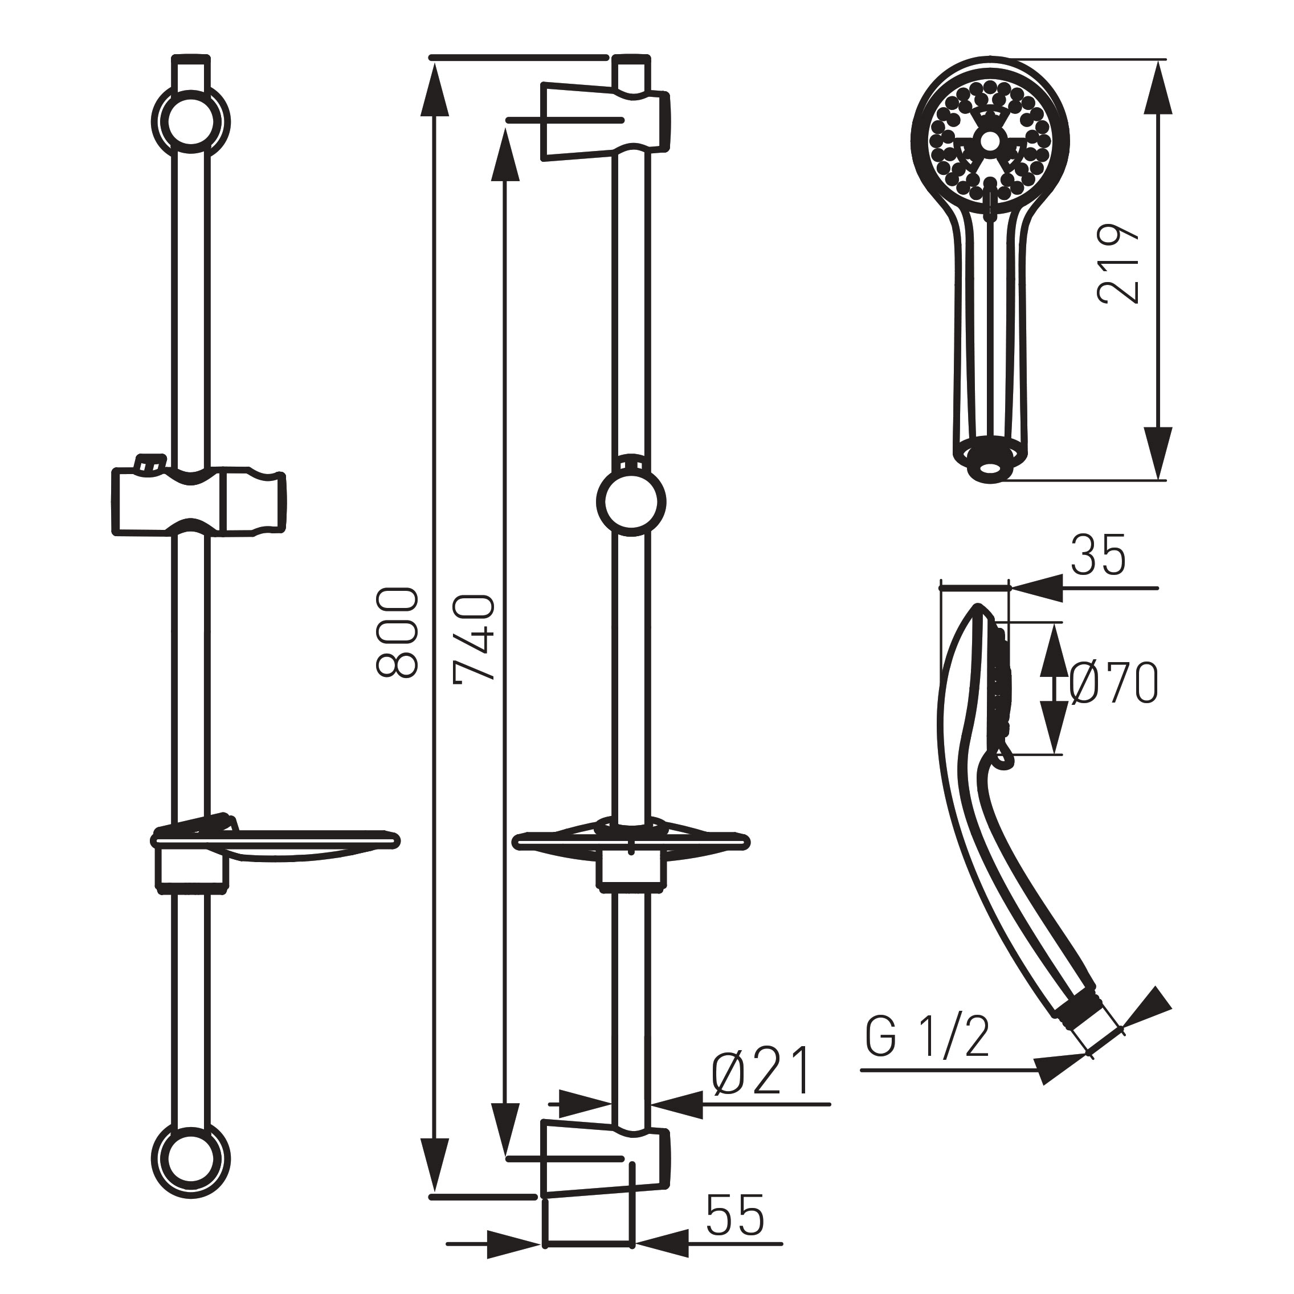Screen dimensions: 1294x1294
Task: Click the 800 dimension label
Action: point(398,633)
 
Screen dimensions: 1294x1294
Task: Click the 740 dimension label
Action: point(475,638)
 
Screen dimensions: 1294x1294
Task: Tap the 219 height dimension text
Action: point(1119,264)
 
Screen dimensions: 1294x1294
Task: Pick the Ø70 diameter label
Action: point(1113,683)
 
